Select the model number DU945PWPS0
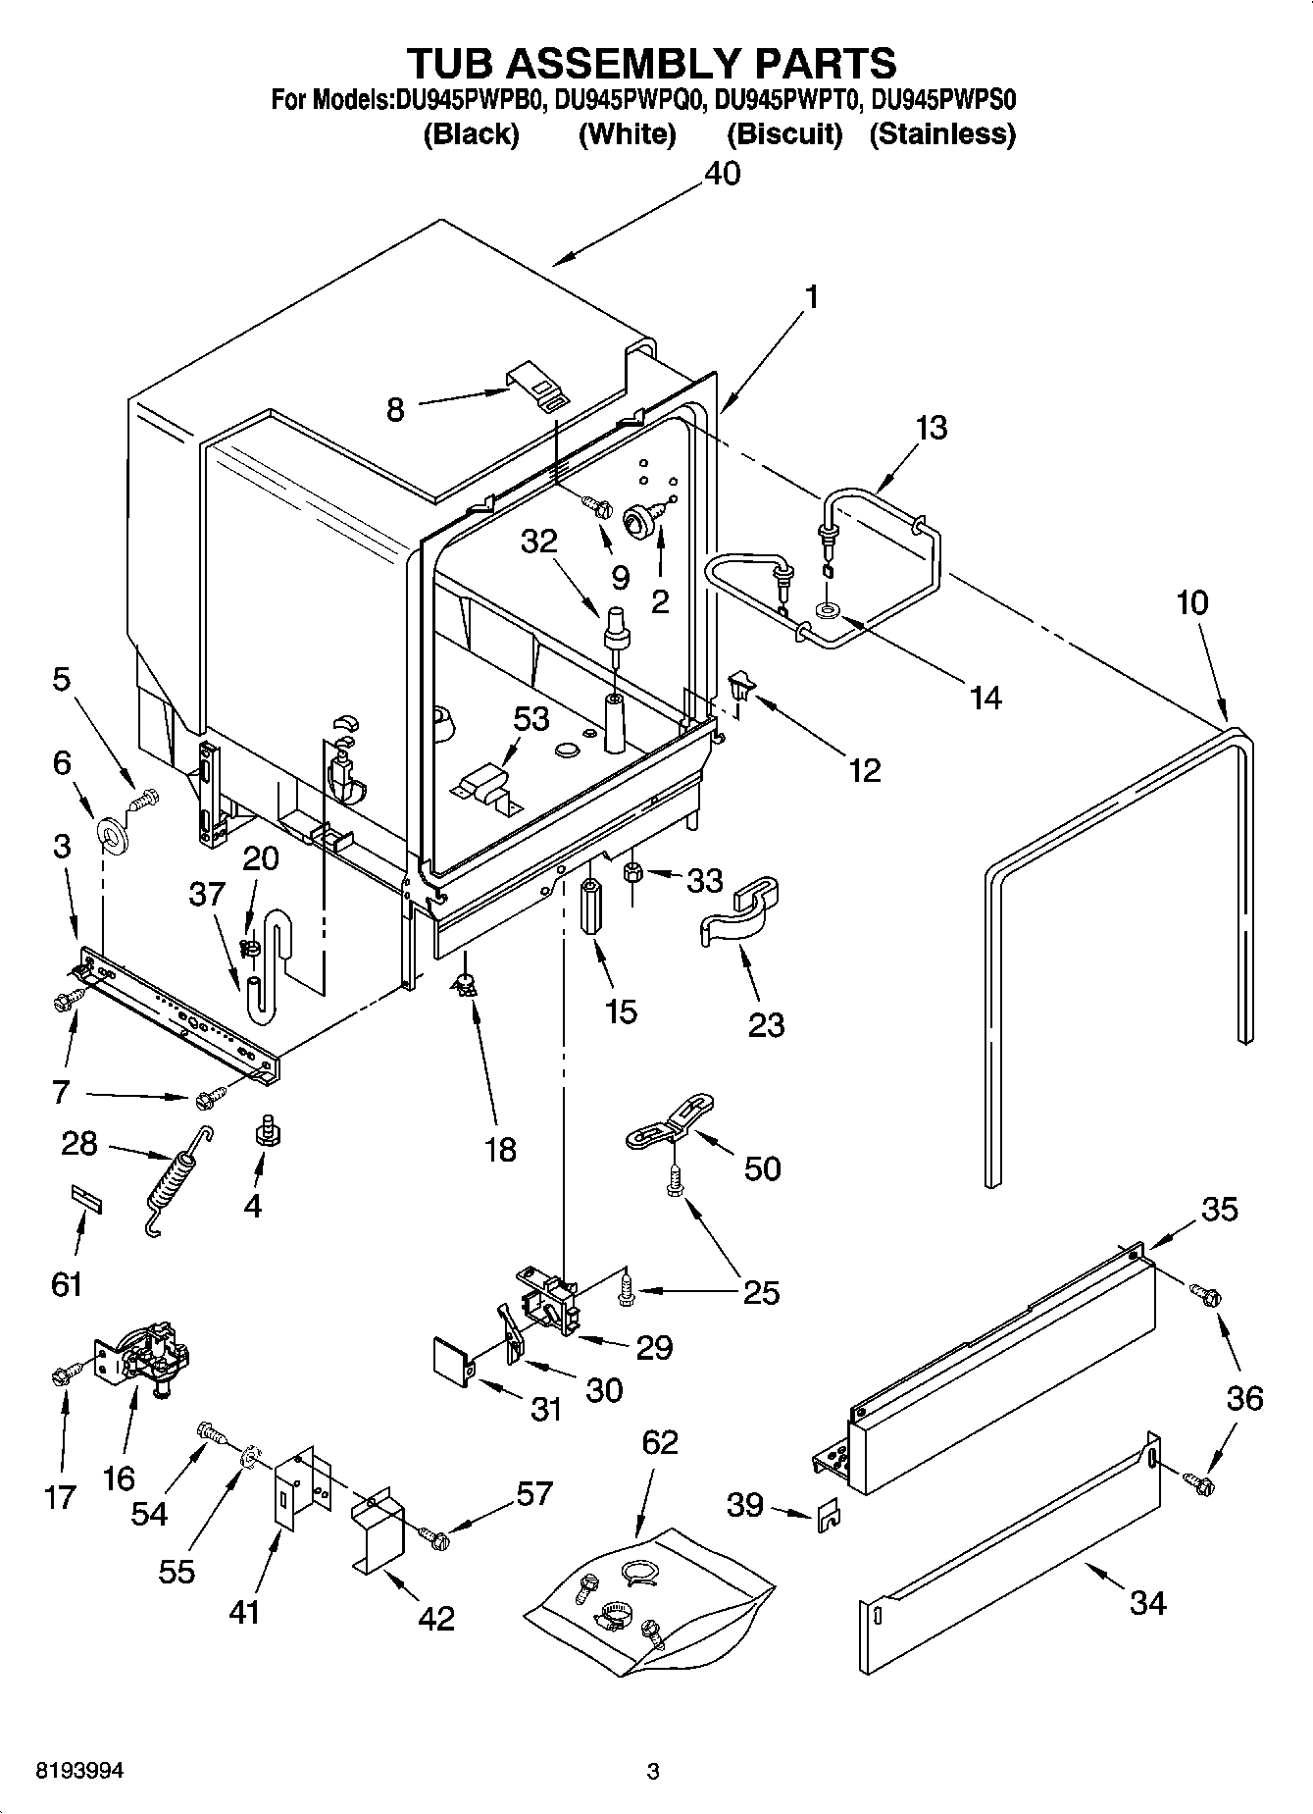click(943, 100)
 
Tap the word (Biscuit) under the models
click(784, 134)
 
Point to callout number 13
click(932, 429)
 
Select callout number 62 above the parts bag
click(660, 1443)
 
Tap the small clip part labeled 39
click(828, 1517)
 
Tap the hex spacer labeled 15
click(591, 908)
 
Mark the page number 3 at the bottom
click(653, 1772)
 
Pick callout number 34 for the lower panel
click(1147, 1602)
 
